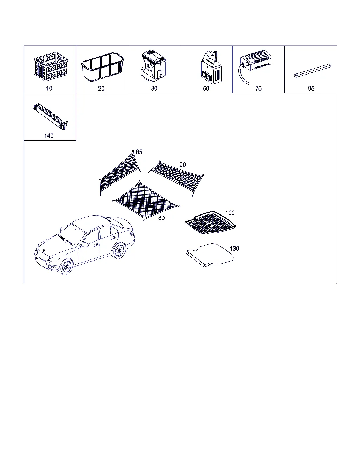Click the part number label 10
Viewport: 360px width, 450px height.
[49, 89]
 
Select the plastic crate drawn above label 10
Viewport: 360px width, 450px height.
[51, 66]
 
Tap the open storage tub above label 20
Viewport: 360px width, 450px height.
[103, 67]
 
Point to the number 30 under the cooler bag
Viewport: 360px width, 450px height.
[154, 89]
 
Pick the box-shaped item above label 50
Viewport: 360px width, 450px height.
[211, 67]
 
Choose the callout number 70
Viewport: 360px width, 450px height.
[258, 89]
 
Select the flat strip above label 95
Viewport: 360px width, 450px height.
[312, 71]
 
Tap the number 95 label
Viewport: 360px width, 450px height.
[311, 89]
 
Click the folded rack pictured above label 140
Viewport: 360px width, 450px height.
[51, 117]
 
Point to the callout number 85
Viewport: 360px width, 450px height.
[139, 152]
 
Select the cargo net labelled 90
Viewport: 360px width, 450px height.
[177, 178]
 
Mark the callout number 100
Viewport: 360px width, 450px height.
[230, 213]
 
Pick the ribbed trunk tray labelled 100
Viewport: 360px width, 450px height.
[211, 223]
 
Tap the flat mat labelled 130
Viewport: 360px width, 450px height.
[211, 255]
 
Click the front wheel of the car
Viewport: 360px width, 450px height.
[66, 266]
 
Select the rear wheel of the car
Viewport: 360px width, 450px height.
[119, 250]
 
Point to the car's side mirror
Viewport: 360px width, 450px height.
[85, 245]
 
